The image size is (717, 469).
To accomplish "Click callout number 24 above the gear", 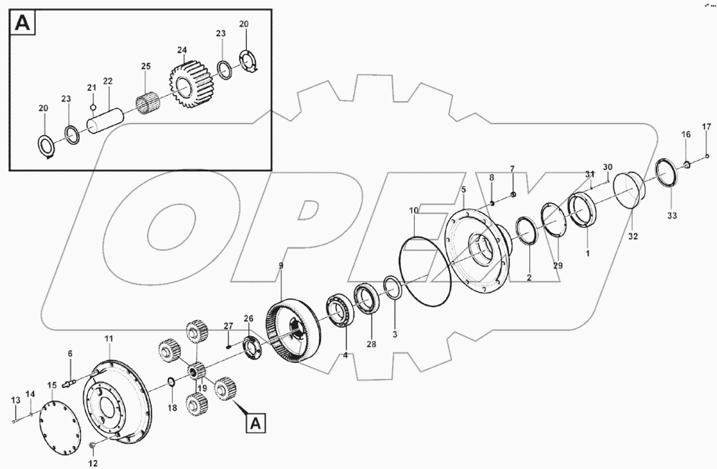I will [x=182, y=50].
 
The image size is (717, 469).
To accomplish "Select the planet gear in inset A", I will [x=188, y=84].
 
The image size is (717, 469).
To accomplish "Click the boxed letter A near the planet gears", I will [x=258, y=422].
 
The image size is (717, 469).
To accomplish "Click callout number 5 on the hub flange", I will [x=463, y=190].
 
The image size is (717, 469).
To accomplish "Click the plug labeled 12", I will [x=92, y=448].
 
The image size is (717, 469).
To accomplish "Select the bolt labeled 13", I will [x=13, y=421].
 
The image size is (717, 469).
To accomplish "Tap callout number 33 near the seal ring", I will [x=672, y=216].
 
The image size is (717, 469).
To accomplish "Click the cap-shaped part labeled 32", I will [x=628, y=190].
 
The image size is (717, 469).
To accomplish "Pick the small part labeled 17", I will [x=707, y=157].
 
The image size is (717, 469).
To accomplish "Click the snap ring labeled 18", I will [x=171, y=381].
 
